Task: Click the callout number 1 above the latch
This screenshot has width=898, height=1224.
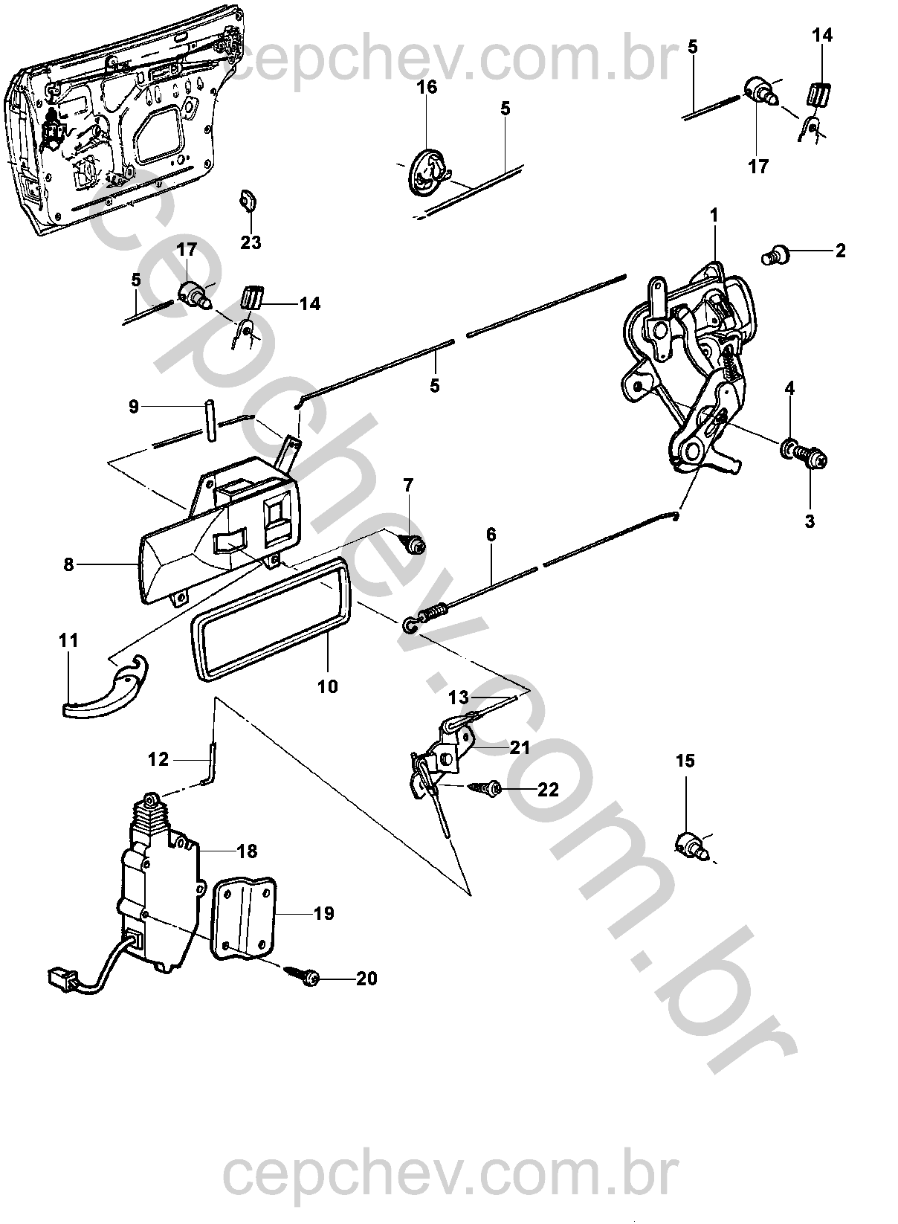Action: [714, 216]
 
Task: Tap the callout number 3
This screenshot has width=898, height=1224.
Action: [810, 521]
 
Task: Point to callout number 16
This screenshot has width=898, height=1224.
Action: [427, 87]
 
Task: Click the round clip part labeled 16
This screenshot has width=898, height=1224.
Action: [426, 170]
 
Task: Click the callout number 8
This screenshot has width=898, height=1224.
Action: [68, 564]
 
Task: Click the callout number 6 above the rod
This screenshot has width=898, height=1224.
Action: [491, 535]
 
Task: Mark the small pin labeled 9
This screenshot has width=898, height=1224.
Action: [210, 422]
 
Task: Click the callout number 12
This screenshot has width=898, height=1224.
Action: [158, 759]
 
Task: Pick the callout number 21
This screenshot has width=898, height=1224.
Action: [519, 747]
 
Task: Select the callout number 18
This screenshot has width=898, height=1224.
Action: [247, 851]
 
